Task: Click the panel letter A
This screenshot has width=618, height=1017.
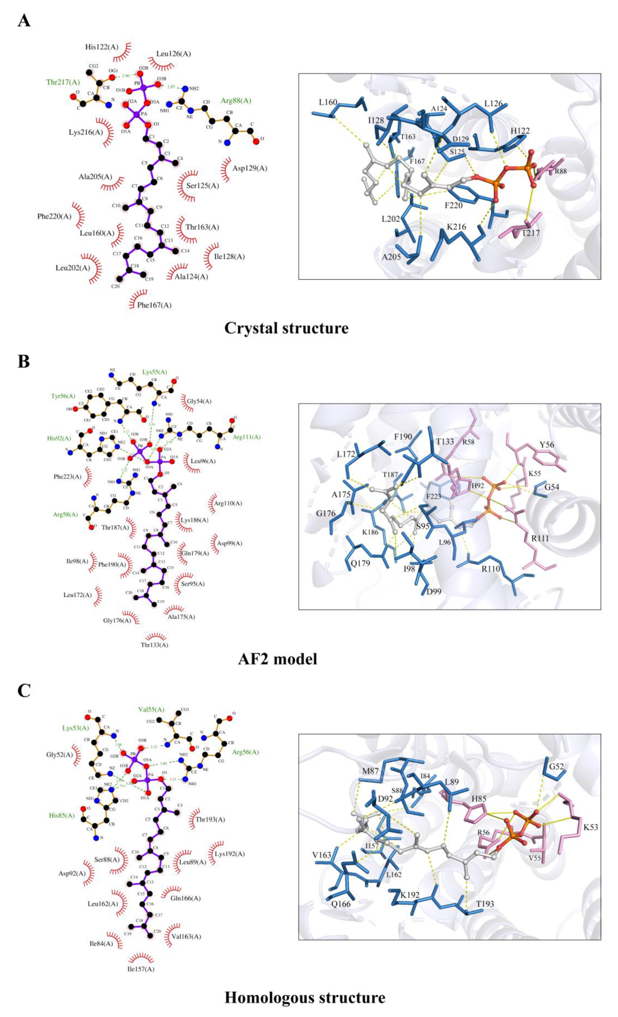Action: pyautogui.click(x=24, y=20)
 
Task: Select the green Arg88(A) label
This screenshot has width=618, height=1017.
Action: pyautogui.click(x=236, y=101)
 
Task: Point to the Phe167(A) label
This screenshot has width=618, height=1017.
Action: pyautogui.click(x=154, y=305)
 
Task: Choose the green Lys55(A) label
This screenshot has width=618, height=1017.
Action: pyautogui.click(x=155, y=372)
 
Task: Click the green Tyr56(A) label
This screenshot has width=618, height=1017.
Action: pyautogui.click(x=63, y=396)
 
